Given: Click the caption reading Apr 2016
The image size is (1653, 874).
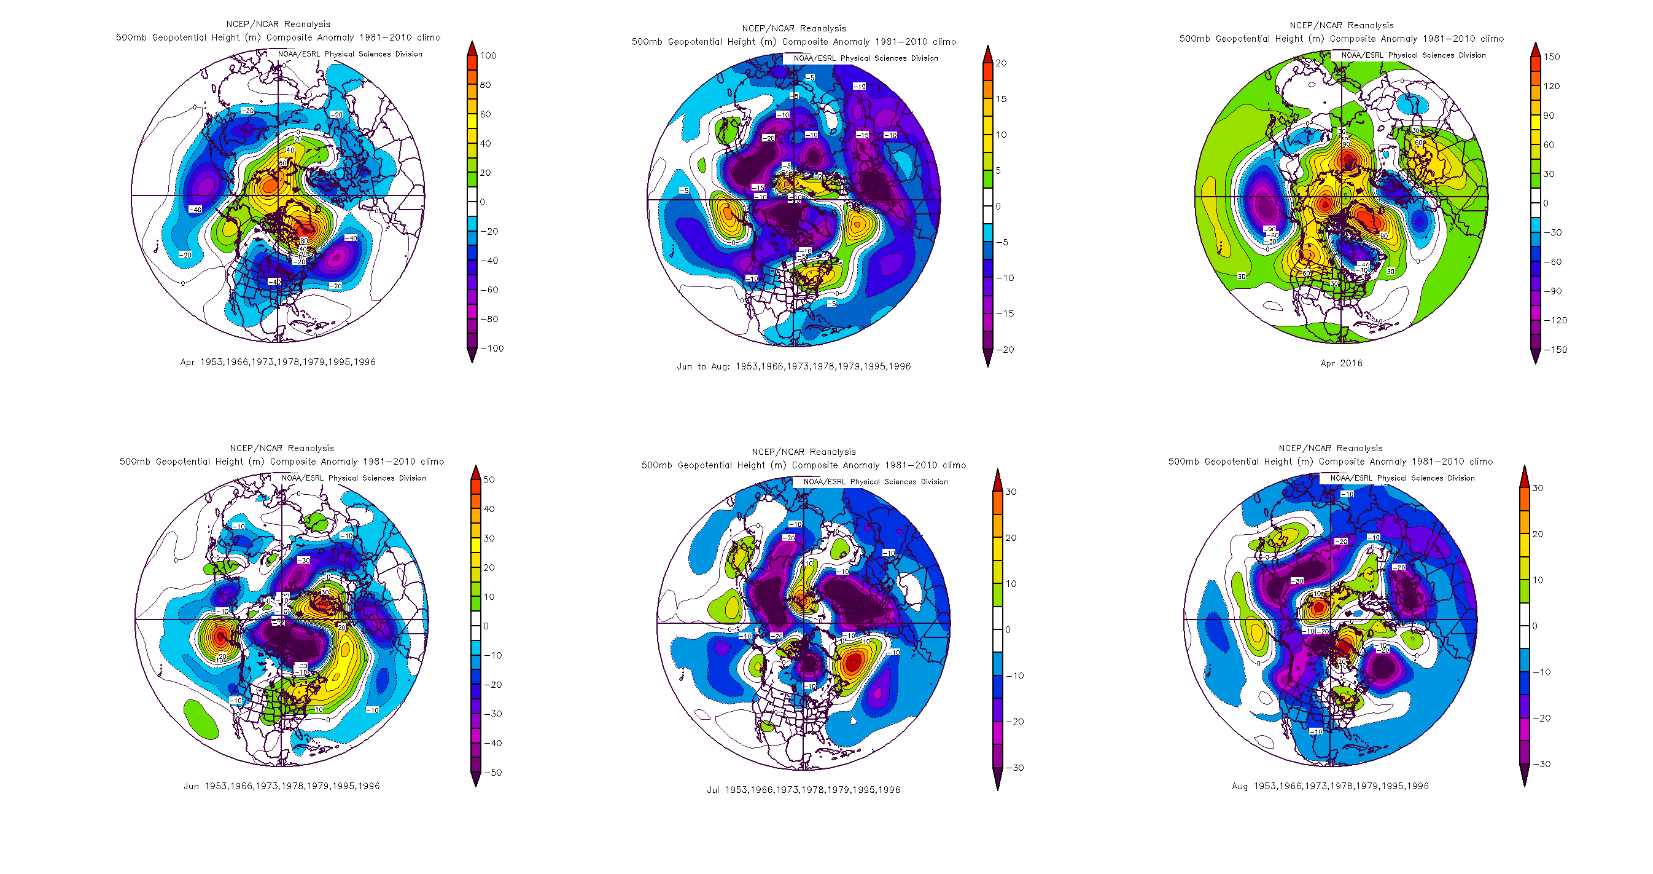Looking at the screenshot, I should (x=1341, y=363).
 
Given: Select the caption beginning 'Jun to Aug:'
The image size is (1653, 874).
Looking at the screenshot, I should (x=793, y=367).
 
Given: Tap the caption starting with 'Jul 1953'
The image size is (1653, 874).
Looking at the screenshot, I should (x=803, y=790).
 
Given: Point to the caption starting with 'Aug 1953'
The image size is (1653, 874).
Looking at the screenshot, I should (x=1329, y=786).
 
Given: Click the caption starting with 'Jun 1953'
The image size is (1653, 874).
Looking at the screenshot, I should (x=282, y=786).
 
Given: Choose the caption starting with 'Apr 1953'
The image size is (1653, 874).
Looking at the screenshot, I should (x=278, y=362).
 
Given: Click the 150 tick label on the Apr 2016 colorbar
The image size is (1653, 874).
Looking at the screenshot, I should (x=1552, y=57).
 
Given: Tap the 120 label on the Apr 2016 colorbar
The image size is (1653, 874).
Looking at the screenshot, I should (x=1552, y=86).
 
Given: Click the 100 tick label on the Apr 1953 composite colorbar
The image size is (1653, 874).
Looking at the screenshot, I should (x=488, y=56).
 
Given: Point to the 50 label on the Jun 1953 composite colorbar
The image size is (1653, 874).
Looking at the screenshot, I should (x=489, y=479).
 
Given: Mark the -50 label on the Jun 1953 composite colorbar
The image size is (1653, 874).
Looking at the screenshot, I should (x=492, y=773).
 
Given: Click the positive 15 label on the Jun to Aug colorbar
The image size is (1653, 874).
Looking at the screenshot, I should (x=1001, y=99).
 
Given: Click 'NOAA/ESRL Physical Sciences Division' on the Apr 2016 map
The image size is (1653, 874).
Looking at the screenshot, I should (x=1413, y=55).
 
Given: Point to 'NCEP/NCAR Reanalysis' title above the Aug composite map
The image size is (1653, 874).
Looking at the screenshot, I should (x=1330, y=448).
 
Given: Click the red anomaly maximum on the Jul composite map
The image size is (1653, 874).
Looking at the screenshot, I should (x=852, y=661).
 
